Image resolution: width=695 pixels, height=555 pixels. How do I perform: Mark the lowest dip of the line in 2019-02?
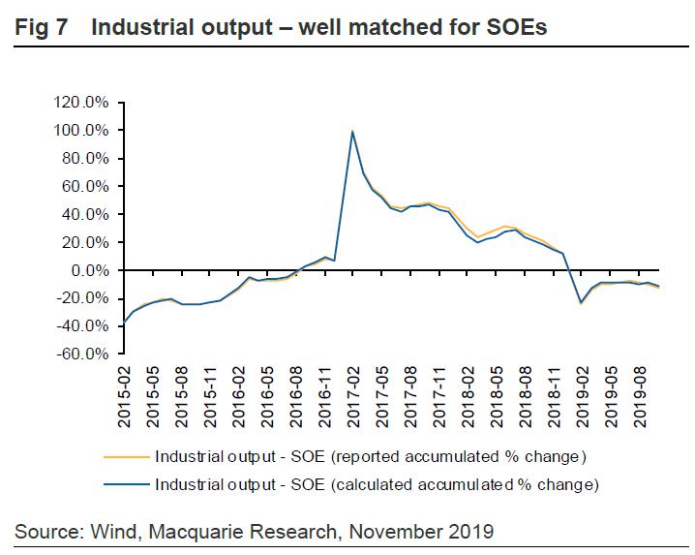click(582, 303)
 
